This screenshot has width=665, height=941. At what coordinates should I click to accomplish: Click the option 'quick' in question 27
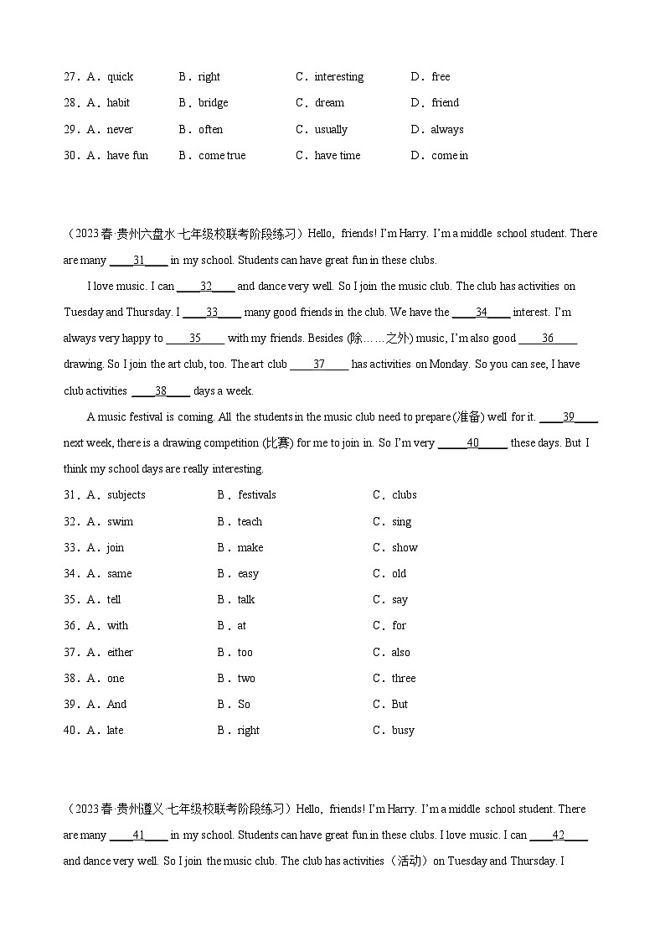tap(120, 77)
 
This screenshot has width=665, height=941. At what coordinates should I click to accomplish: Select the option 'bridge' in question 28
tap(213, 103)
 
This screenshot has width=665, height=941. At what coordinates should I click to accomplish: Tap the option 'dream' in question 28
tap(329, 103)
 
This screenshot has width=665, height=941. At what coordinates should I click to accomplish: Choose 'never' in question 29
tap(120, 130)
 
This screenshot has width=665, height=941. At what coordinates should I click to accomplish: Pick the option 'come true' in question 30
tap(222, 156)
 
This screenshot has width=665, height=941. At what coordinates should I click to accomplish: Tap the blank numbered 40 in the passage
tap(472, 443)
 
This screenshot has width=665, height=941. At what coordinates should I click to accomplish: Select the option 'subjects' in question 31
tap(126, 495)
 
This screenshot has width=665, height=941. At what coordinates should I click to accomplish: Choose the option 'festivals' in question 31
tap(256, 495)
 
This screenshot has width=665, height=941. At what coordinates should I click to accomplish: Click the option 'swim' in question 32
tap(120, 522)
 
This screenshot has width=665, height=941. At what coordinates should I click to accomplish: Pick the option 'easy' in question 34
tap(248, 574)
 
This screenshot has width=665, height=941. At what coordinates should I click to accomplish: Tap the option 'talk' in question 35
tap(246, 600)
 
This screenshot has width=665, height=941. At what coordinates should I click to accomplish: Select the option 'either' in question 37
tap(120, 653)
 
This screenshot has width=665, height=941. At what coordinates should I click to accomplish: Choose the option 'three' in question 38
tap(404, 679)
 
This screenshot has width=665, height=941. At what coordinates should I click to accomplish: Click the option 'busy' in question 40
tap(403, 731)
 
